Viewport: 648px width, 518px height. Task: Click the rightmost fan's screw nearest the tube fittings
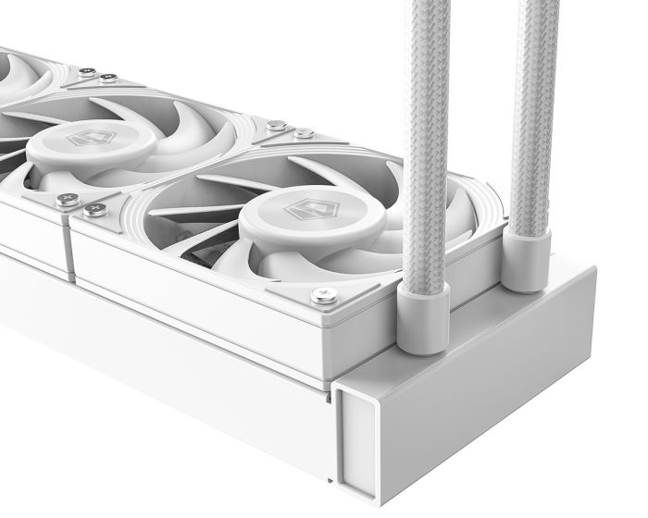(x=324, y=295)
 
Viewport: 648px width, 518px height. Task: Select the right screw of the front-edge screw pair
(x=94, y=210)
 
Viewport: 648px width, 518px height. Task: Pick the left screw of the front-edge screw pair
(x=67, y=199)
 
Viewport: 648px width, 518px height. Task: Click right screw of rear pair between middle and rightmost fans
(x=303, y=134)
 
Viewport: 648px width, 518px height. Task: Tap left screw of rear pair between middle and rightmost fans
(x=276, y=124)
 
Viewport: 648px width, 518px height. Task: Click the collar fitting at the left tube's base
(x=423, y=317)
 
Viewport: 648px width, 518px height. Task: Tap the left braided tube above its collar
(x=425, y=139)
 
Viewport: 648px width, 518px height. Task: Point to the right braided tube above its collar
(x=533, y=111)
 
